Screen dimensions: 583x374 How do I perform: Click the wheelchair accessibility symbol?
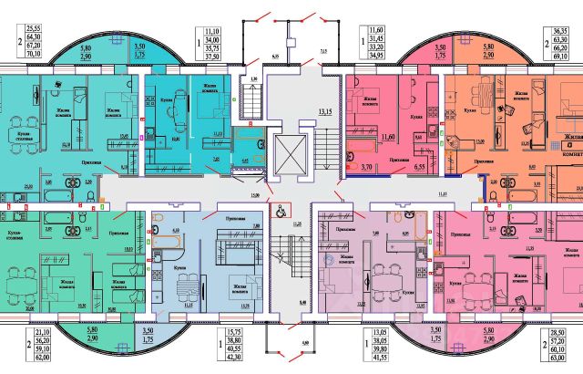(x=281, y=209)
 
